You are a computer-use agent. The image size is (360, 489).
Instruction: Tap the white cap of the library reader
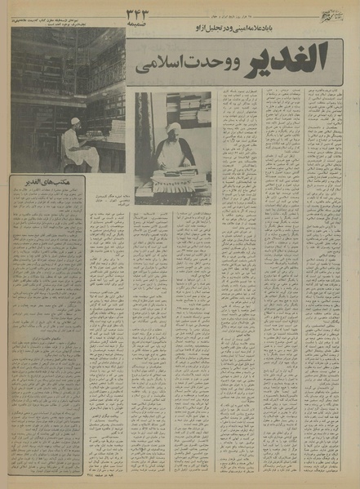click(x=76, y=122)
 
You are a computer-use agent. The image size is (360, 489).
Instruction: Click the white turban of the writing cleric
click(x=173, y=129)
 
